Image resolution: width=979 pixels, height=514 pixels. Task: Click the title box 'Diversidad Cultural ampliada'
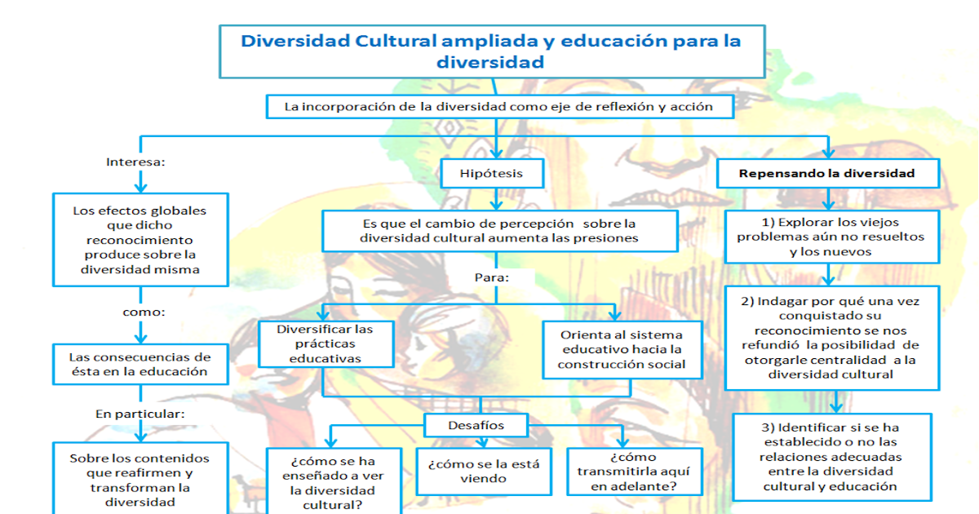pos(492,51)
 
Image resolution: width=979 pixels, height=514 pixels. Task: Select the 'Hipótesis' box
pos(491,173)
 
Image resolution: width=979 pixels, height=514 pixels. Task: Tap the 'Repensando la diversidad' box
pos(826,173)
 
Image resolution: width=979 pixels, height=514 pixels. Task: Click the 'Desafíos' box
pos(476,425)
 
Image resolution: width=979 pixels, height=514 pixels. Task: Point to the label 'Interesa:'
pos(136,162)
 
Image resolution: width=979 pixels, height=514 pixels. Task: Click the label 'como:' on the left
pos(144,312)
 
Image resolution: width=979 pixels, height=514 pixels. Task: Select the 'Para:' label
pos(492,277)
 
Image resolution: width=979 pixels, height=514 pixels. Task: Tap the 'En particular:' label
pos(140,414)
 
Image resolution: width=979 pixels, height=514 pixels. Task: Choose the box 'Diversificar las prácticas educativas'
pos(325,343)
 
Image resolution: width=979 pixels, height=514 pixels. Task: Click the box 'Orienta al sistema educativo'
pos(622,349)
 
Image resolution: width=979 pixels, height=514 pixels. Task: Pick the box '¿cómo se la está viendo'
pos(483,472)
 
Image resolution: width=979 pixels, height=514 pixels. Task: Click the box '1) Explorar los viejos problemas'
pos(831,237)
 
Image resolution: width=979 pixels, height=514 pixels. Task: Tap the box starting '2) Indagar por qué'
pos(831,337)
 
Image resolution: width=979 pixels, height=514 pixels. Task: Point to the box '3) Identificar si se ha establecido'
pos(831,457)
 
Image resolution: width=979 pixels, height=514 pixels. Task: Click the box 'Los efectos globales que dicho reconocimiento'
pos(140,240)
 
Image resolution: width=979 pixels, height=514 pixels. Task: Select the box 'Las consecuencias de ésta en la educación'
pos(140,364)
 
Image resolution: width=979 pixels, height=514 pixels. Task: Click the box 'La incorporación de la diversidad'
pos(498,107)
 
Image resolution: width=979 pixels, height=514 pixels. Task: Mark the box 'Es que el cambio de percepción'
pos(498,230)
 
